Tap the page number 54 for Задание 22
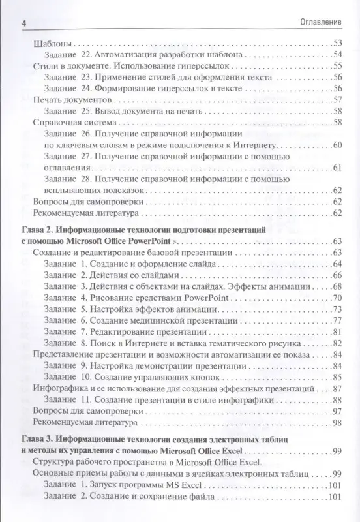coord(337,55)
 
